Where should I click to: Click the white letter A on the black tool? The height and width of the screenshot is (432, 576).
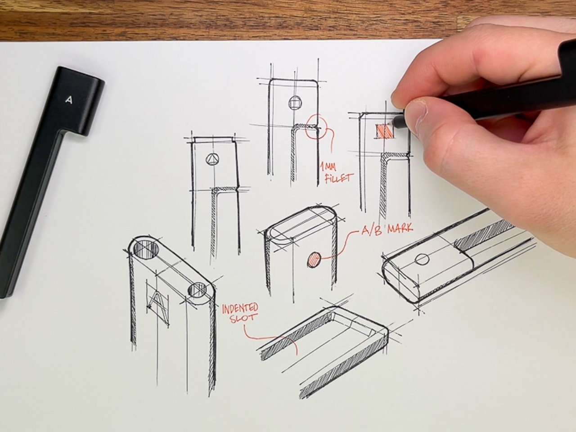pyautogui.click(x=69, y=100)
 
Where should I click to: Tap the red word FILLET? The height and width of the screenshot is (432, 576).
pyautogui.click(x=338, y=179)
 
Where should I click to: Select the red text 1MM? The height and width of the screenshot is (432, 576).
pyautogui.click(x=328, y=166)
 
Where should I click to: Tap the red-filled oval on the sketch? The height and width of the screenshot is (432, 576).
pyautogui.click(x=314, y=260)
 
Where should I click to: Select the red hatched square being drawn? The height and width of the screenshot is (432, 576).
pyautogui.click(x=385, y=131)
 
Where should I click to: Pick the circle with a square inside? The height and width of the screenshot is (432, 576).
pyautogui.click(x=295, y=103)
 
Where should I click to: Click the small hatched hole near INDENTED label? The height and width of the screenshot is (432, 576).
pyautogui.click(x=198, y=290)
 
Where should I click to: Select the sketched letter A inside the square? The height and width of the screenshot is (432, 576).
pyautogui.click(x=157, y=305)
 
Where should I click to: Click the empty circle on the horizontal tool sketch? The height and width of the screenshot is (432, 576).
pyautogui.click(x=422, y=259)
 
